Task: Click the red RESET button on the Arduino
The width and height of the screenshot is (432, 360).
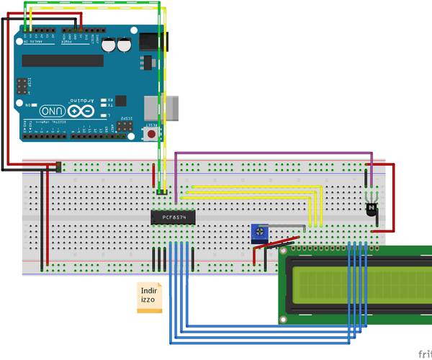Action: tap(152, 135)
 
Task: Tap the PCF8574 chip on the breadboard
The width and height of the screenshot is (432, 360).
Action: tap(173, 217)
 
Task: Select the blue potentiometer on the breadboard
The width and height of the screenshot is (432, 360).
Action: tap(258, 232)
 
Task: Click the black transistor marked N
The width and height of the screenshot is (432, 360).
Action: tap(372, 209)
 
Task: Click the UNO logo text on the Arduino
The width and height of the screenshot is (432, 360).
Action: tap(54, 112)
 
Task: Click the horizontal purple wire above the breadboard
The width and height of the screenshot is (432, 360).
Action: tap(274, 153)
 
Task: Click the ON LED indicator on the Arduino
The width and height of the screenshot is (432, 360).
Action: tap(32, 105)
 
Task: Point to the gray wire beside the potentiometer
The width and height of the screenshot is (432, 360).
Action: tap(288, 228)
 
